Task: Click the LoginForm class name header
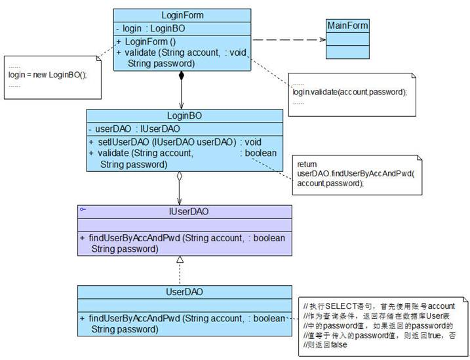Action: click(x=182, y=14)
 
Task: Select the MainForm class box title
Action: click(x=347, y=26)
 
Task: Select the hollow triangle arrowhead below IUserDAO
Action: click(x=180, y=260)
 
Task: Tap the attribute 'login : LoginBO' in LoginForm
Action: click(x=150, y=29)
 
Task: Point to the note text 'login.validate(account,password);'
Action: click(x=349, y=92)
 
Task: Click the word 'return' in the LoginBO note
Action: click(x=307, y=163)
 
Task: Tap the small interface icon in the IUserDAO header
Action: click(x=83, y=208)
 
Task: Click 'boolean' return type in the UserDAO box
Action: click(x=269, y=318)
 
